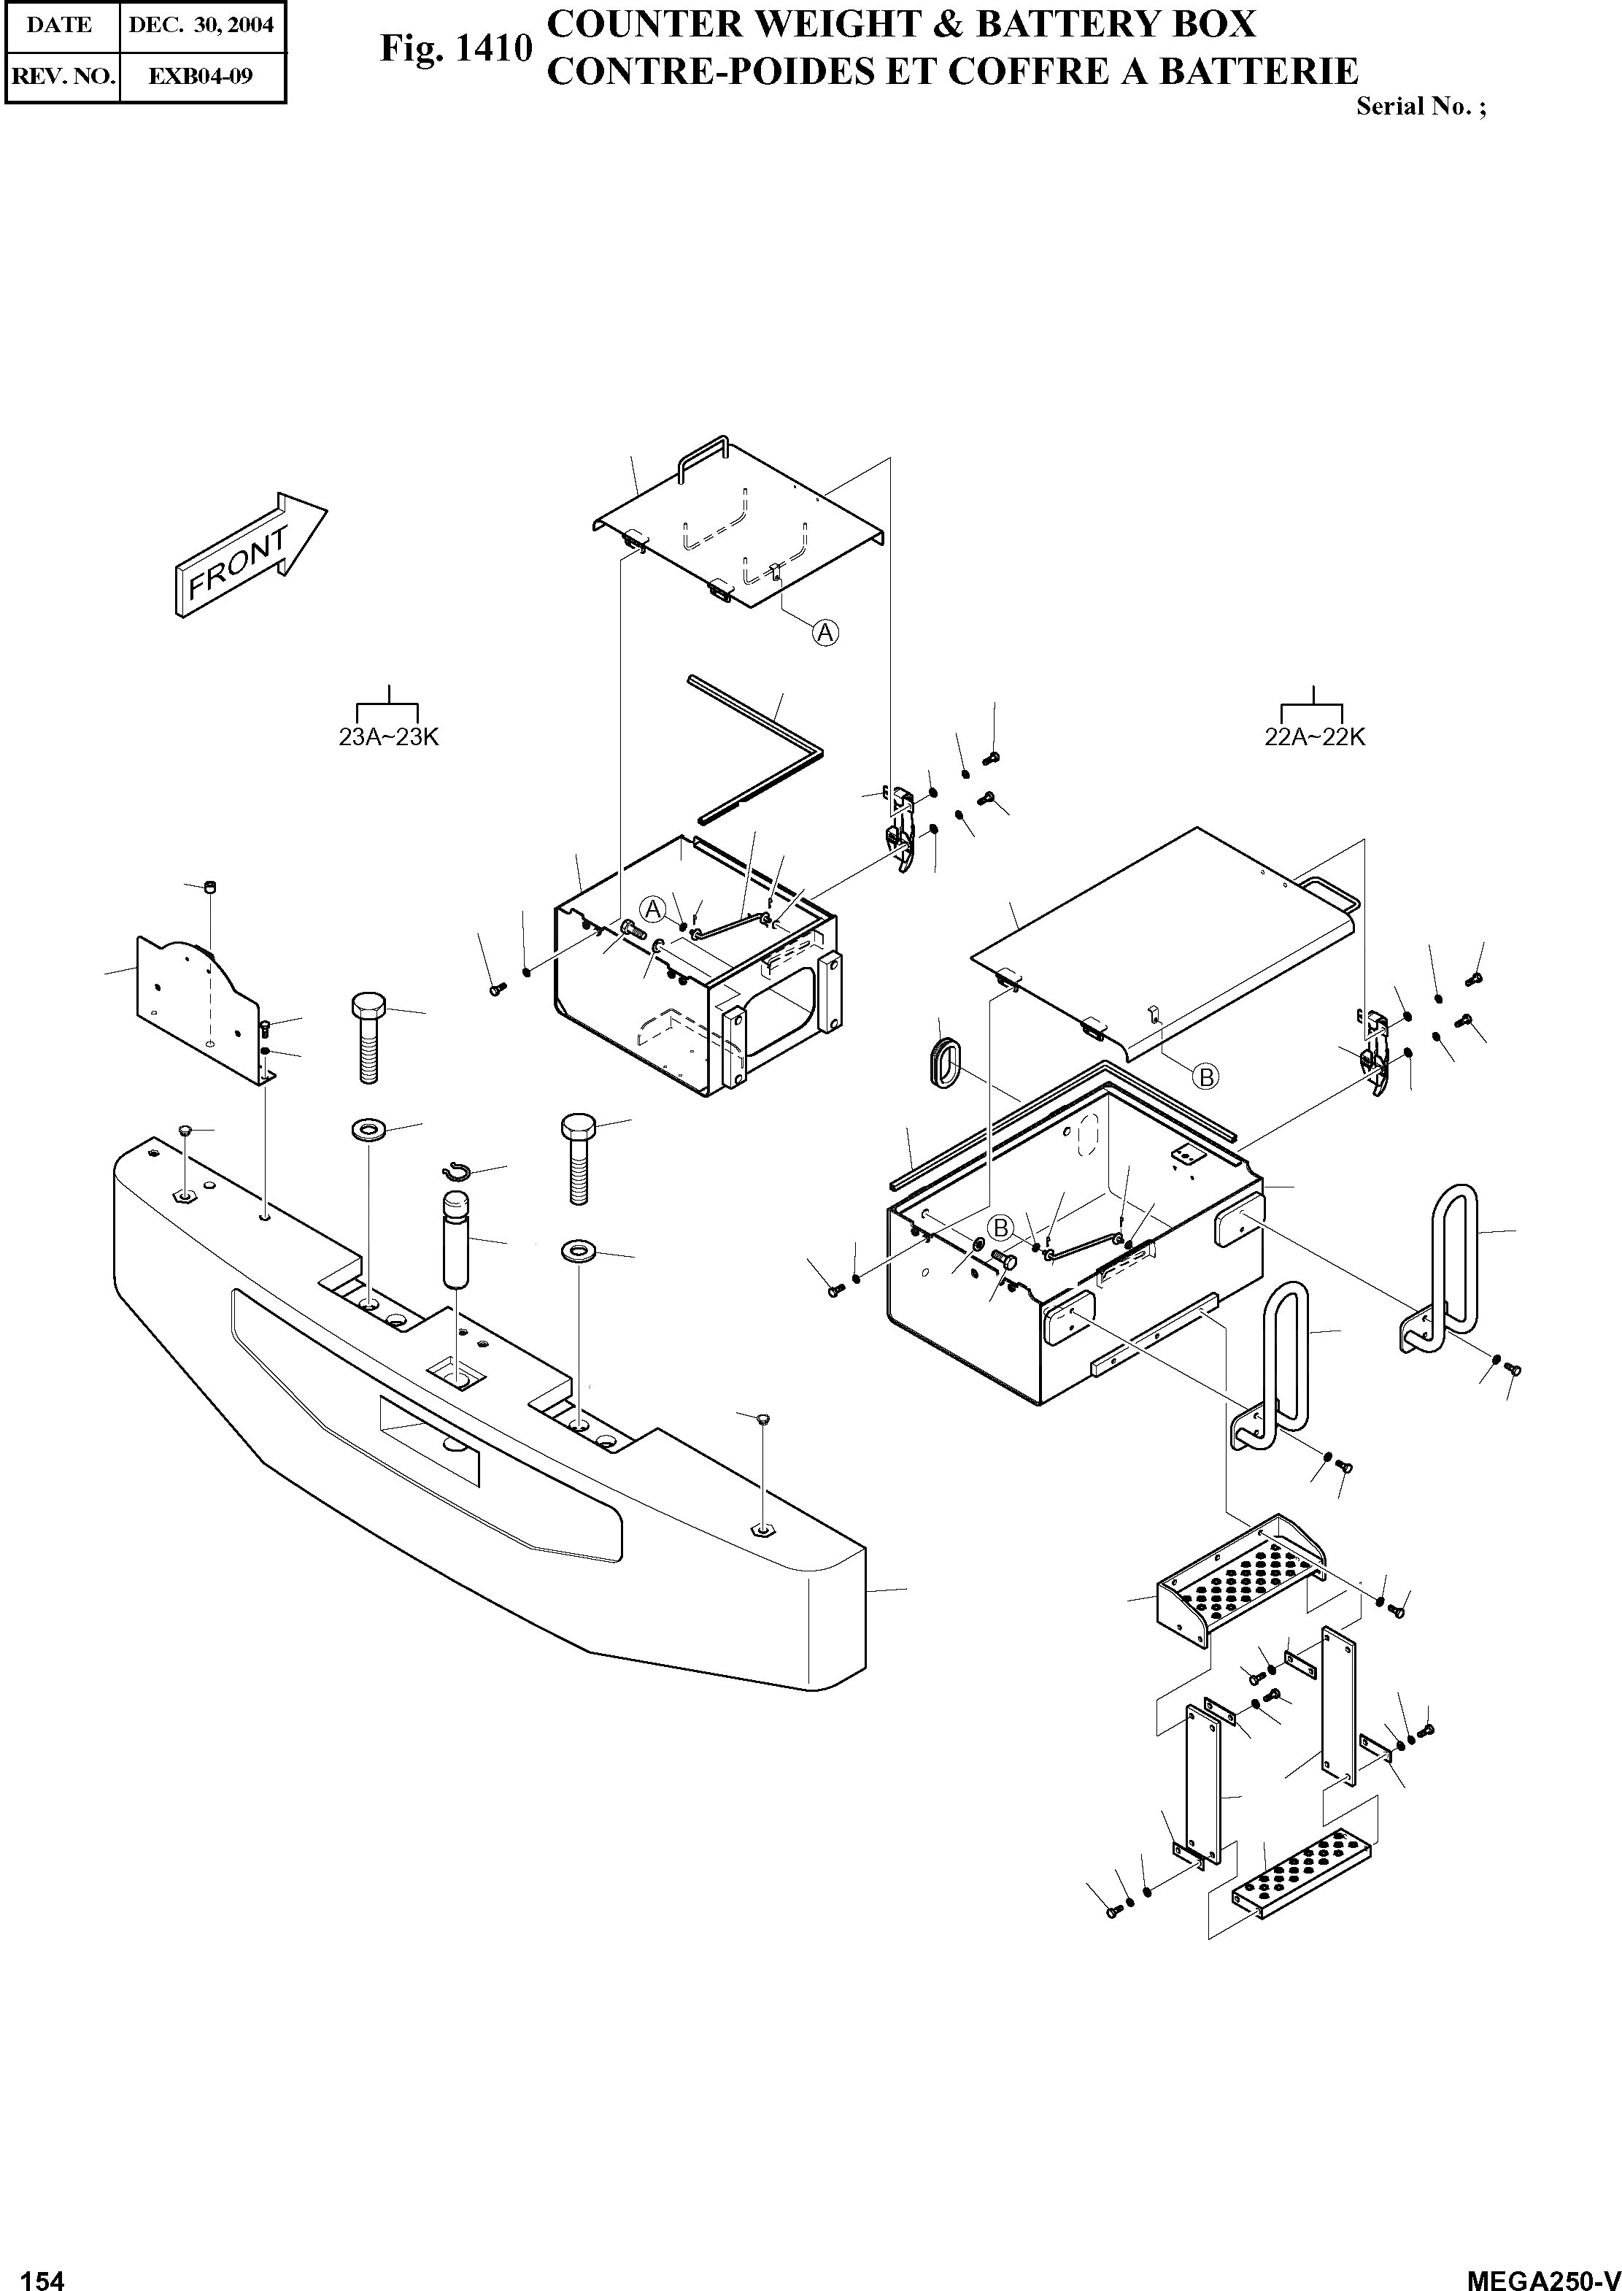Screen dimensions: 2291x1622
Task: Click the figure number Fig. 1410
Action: tap(455, 48)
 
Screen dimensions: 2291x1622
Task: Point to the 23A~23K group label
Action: tap(388, 737)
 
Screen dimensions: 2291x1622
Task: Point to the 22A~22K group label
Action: tap(1314, 737)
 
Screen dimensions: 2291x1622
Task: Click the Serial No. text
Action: tap(1420, 107)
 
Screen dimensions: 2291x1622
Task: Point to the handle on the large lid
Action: tap(1330, 890)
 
